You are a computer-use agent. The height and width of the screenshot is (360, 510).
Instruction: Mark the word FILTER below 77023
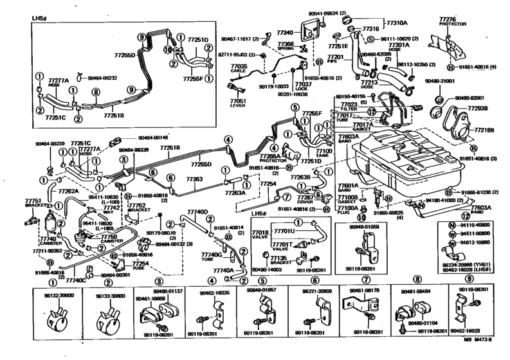pyautogui.click(x=349, y=109)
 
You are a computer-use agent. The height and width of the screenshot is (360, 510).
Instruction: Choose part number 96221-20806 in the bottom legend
pyautogui.click(x=315, y=291)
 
